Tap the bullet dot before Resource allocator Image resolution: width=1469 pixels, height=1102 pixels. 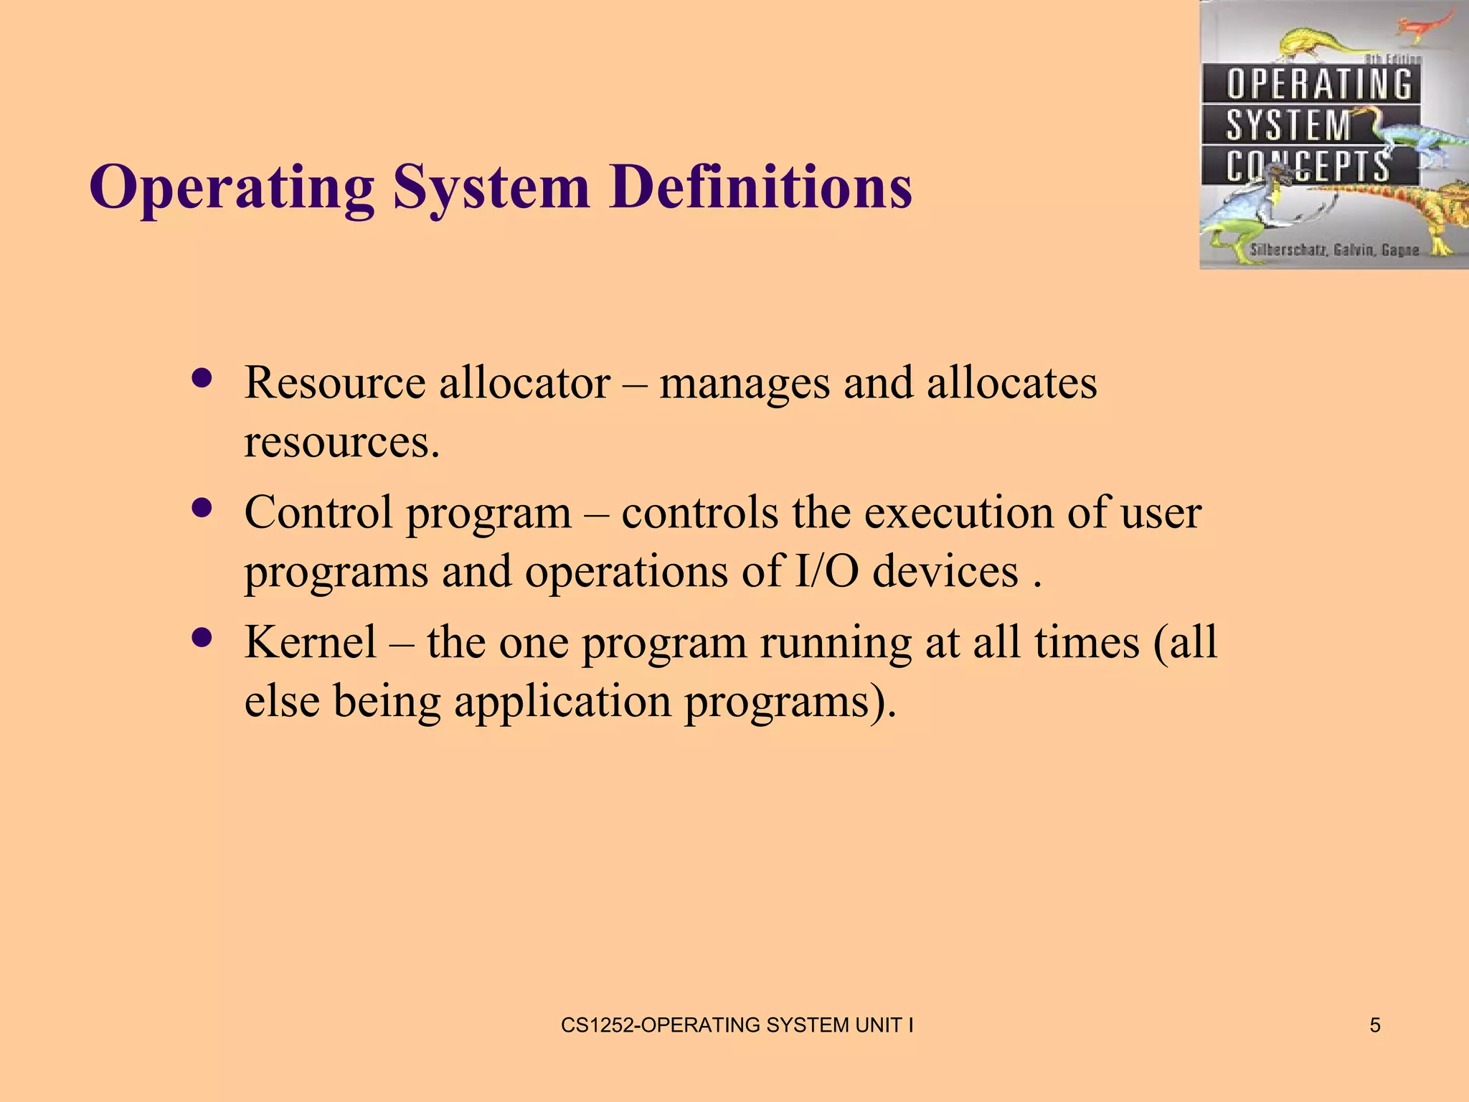click(x=203, y=378)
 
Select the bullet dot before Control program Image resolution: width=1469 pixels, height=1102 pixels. click(x=203, y=508)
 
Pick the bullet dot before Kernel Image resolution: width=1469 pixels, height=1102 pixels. click(x=203, y=638)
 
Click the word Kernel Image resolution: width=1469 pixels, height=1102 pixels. click(x=310, y=641)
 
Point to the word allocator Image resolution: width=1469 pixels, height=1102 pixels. click(x=524, y=382)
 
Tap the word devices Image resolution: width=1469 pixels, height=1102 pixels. click(x=945, y=571)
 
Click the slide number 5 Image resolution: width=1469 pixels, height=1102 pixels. click(x=1374, y=1025)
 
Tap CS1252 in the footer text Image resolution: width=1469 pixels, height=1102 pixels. click(x=597, y=1025)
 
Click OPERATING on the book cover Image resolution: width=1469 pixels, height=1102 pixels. click(x=1318, y=84)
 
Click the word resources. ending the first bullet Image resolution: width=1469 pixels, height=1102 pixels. click(x=341, y=442)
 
